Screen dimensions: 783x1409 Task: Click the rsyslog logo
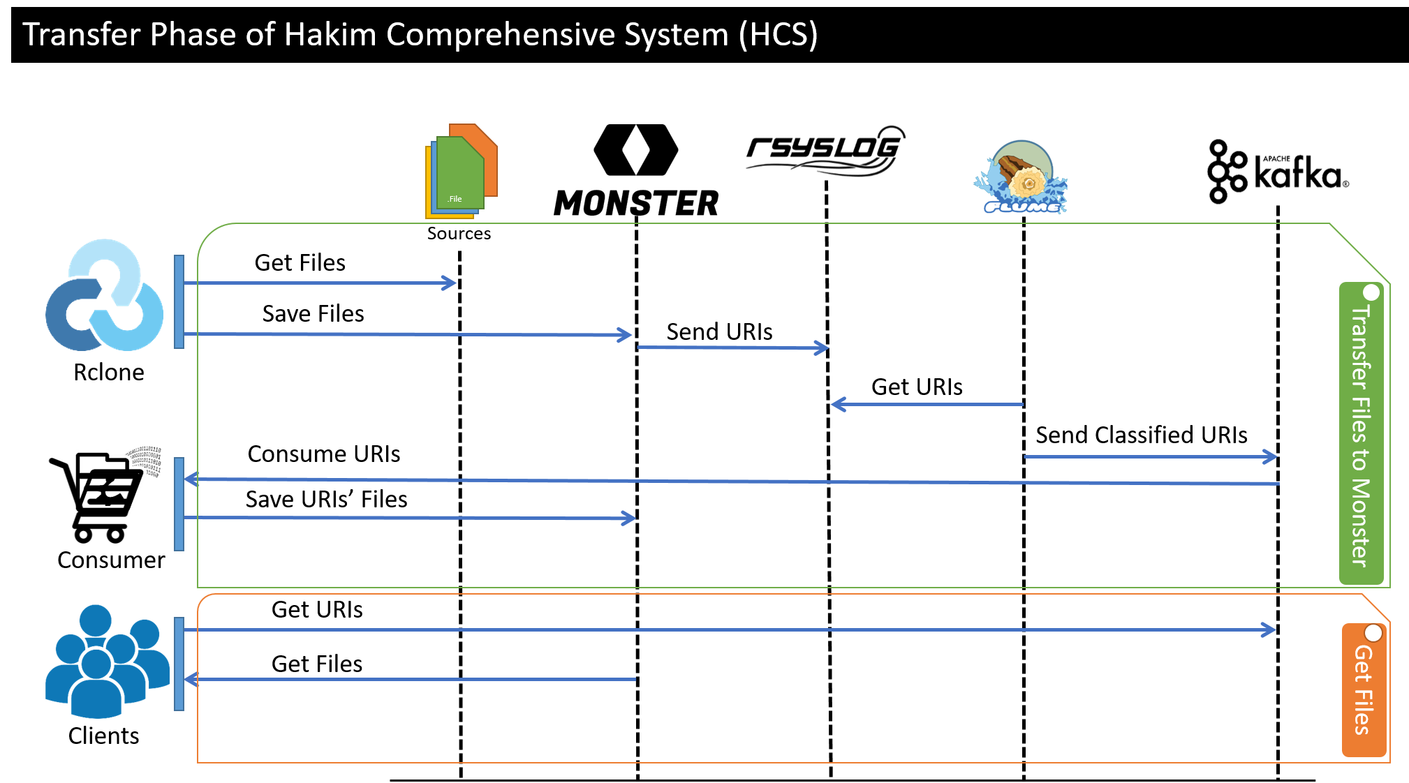(x=825, y=151)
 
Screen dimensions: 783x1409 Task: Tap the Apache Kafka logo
(x=1277, y=171)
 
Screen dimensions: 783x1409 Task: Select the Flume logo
(x=1021, y=177)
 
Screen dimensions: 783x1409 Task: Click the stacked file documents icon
(x=461, y=171)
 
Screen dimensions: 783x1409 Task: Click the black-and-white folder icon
(x=112, y=482)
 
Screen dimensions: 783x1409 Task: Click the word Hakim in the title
(x=330, y=34)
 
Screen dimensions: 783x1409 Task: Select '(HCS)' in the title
(x=779, y=34)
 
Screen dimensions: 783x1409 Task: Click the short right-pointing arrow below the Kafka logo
(x=1151, y=457)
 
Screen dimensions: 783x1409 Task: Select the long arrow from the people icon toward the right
(x=730, y=630)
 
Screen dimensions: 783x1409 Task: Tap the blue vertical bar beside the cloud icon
(x=179, y=301)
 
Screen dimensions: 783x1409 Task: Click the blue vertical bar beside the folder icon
(x=179, y=504)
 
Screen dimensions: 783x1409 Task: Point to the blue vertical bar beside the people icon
(x=179, y=664)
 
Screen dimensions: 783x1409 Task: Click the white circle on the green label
(x=1371, y=292)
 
